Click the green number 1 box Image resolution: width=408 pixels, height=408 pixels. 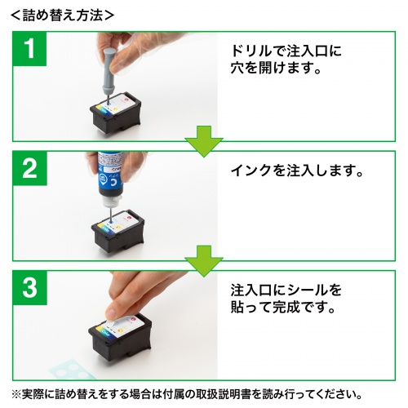click(x=29, y=51)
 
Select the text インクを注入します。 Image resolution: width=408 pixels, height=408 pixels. click(x=295, y=172)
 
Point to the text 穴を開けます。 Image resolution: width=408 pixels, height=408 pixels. click(x=273, y=70)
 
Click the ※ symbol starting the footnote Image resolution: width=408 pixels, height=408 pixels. click(x=17, y=394)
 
